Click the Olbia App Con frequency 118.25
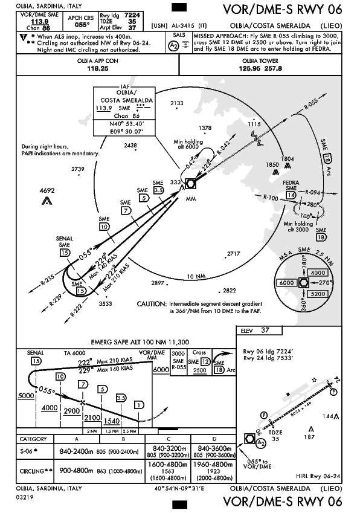[x=97, y=69]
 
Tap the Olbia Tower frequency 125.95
[x=250, y=69]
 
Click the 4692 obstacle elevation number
[x=47, y=190]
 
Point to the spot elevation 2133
[x=176, y=103]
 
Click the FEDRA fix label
[x=291, y=182]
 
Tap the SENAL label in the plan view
[x=65, y=239]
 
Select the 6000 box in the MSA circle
[x=286, y=283]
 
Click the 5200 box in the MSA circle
[x=318, y=294]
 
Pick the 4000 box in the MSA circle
[x=318, y=273]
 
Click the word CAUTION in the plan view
[x=152, y=304]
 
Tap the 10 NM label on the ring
[x=196, y=277]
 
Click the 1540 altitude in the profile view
[x=112, y=421]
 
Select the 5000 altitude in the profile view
[x=26, y=396]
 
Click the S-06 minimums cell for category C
[x=168, y=451]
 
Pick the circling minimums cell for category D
[x=213, y=471]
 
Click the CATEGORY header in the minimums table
[x=33, y=439]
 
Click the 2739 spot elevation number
[x=78, y=169]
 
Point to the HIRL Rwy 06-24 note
[x=318, y=476]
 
